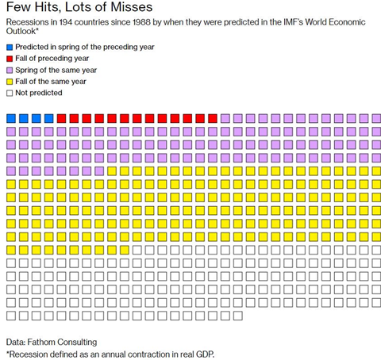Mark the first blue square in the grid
click(11, 118)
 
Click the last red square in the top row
click(212, 118)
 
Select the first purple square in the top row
click(225, 118)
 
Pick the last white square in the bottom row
click(237, 315)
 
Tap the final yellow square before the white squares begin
click(124, 250)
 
